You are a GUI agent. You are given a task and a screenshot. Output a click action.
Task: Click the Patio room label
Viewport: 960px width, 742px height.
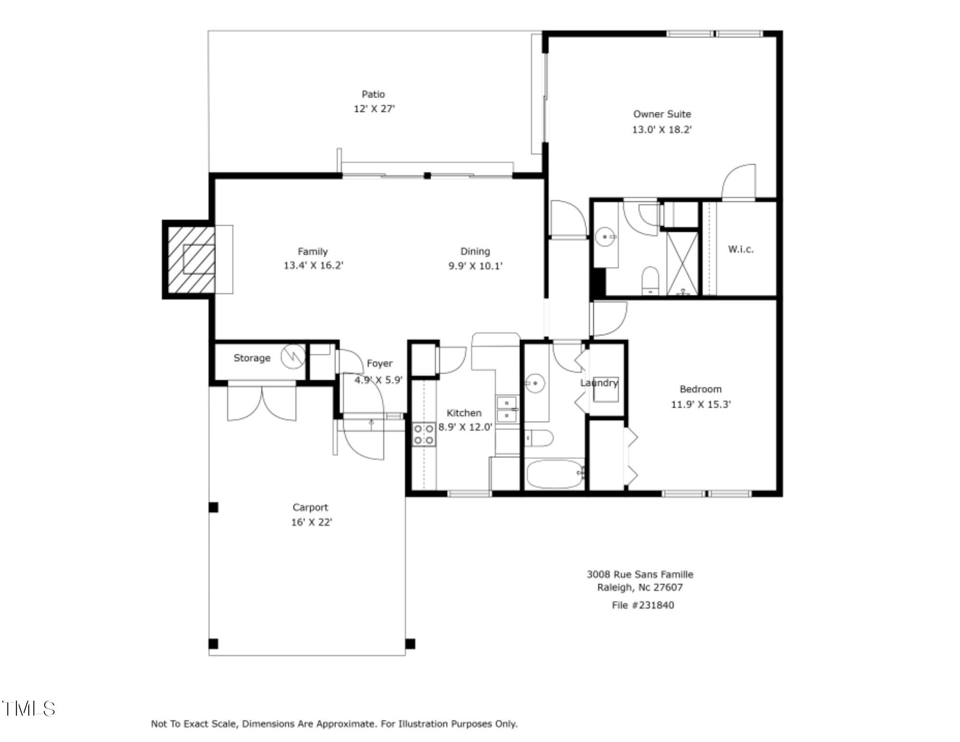pyautogui.click(x=373, y=94)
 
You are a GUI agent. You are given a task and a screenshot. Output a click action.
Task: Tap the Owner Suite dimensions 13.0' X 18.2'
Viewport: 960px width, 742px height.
pyautogui.click(x=661, y=130)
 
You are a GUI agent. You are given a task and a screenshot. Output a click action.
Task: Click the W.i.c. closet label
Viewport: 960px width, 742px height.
pyautogui.click(x=741, y=249)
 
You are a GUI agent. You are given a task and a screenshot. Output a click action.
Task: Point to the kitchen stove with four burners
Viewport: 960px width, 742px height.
pyautogui.click(x=424, y=434)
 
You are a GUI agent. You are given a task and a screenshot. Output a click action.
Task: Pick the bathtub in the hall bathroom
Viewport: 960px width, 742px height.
pyautogui.click(x=555, y=474)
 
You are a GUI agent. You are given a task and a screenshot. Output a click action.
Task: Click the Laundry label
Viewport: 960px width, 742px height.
pyautogui.click(x=599, y=383)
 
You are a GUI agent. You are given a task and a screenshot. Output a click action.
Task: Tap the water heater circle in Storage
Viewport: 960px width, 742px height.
pyautogui.click(x=292, y=357)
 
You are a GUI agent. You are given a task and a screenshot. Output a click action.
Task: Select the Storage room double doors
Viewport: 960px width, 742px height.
pyautogui.click(x=262, y=401)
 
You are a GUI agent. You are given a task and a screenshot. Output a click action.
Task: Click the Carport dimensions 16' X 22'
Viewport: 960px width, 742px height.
pyautogui.click(x=312, y=522)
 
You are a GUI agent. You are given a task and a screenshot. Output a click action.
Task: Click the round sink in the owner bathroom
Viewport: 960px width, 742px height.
pyautogui.click(x=606, y=237)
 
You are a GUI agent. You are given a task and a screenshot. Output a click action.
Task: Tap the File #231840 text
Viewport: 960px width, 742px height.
pyautogui.click(x=642, y=605)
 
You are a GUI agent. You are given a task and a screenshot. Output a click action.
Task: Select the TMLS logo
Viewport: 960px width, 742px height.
pyautogui.click(x=29, y=708)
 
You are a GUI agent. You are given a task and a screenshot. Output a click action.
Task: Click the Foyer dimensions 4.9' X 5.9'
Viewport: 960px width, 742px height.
pyautogui.click(x=378, y=380)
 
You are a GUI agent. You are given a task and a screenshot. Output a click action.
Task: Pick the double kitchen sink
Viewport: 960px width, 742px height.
pyautogui.click(x=507, y=408)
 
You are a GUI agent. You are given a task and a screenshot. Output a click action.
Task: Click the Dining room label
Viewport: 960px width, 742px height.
pyautogui.click(x=475, y=251)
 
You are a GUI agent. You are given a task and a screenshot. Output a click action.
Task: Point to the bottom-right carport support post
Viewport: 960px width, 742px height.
pyautogui.click(x=410, y=644)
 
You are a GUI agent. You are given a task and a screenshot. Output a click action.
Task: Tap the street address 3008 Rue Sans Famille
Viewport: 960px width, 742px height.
pyautogui.click(x=639, y=574)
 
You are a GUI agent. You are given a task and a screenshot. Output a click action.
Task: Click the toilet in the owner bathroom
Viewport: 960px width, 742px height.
pyautogui.click(x=650, y=280)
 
